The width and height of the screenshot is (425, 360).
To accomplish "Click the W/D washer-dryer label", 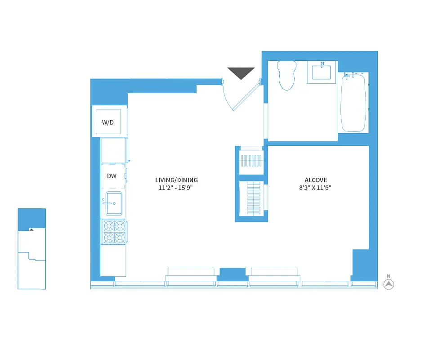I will pyautogui.click(x=108, y=122).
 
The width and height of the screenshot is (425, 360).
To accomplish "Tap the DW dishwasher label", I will pyautogui.click(x=112, y=176).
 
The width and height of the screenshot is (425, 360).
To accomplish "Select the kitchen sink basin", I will pyautogui.click(x=113, y=203).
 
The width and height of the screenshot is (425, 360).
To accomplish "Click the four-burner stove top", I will pyautogui.click(x=114, y=231).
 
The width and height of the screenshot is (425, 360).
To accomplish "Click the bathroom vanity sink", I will pyautogui.click(x=322, y=72).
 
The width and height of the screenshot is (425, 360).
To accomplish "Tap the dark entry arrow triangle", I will pyautogui.click(x=241, y=73).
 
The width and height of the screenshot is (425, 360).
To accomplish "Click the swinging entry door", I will pyautogui.click(x=243, y=97).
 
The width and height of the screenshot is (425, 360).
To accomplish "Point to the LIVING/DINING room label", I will pyautogui.click(x=176, y=180).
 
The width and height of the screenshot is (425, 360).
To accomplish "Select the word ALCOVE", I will pyautogui.click(x=315, y=180).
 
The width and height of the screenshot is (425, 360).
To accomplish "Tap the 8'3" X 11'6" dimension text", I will pyautogui.click(x=315, y=188).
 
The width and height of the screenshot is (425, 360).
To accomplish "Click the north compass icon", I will pyautogui.click(x=389, y=284).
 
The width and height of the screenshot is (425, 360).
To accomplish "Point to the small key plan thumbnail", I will pyautogui.click(x=31, y=248).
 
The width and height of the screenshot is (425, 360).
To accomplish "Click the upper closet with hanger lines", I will pyautogui.click(x=251, y=161).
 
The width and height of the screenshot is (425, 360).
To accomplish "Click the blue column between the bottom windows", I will pyautogui.click(x=233, y=274).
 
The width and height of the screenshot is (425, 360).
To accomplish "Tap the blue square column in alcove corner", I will pyautogui.click(x=361, y=264).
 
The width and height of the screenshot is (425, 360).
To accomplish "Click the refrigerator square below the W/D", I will pyautogui.click(x=113, y=150).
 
